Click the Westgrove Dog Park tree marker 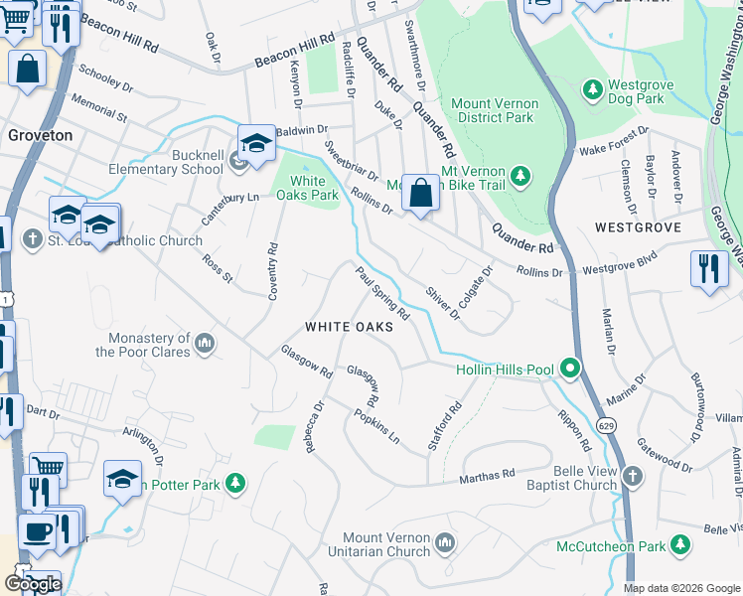click(x=594, y=91)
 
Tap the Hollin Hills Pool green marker click(x=570, y=370)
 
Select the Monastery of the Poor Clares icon click(x=205, y=344)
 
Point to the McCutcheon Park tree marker click(x=680, y=545)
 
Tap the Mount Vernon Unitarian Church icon click(x=444, y=542)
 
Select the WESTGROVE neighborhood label click(x=638, y=227)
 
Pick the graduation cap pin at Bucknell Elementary click(x=255, y=145)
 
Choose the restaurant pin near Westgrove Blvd click(x=708, y=269)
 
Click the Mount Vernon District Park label click(x=495, y=110)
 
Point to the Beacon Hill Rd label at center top click(x=295, y=48)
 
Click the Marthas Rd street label click(x=487, y=478)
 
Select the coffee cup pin click(x=38, y=530)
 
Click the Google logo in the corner click(x=32, y=584)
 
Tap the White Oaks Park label click(x=307, y=187)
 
